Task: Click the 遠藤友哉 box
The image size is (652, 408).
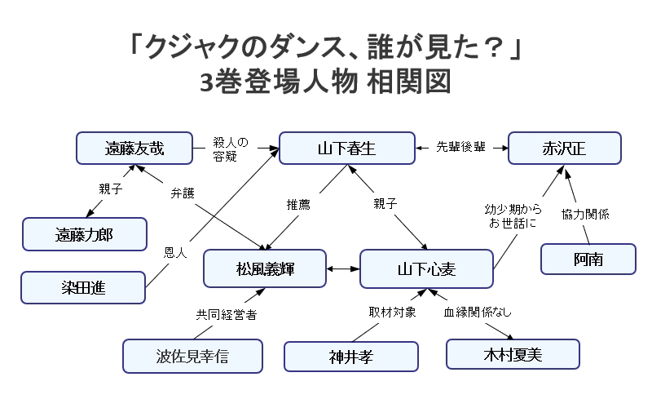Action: point(134,149)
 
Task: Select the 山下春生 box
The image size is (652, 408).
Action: point(347,149)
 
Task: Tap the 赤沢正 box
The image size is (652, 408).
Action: point(565,149)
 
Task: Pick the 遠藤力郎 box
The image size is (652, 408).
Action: point(85,234)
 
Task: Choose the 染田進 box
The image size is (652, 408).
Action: point(83,288)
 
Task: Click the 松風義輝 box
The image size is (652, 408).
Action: point(265,268)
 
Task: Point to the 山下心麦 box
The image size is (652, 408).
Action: point(426,269)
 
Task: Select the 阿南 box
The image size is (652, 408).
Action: point(588,259)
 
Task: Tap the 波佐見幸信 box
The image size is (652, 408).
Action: point(192,356)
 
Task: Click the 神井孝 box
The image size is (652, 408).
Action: point(351,357)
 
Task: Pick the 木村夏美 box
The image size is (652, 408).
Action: point(513,354)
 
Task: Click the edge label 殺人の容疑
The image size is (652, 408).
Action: point(231,149)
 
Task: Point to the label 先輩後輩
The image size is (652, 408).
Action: point(460,147)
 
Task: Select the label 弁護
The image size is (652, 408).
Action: point(183,193)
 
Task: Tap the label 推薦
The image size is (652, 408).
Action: point(298,204)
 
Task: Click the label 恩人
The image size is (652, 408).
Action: point(175,252)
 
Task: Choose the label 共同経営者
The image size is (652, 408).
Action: point(227,314)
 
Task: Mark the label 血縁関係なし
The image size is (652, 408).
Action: point(478,312)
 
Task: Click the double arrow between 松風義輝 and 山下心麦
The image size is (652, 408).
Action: point(343,269)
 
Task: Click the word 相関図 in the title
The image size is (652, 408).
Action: point(409,82)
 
